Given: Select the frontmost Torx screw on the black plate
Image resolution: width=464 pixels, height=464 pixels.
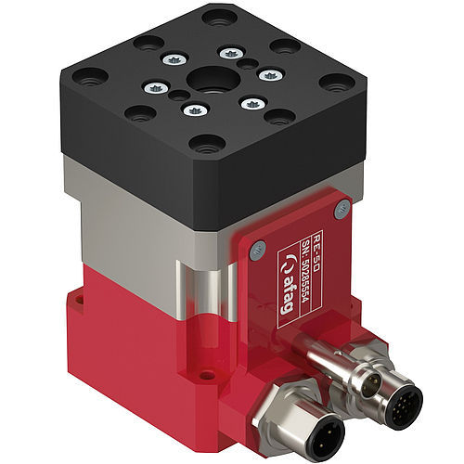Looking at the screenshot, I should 192,111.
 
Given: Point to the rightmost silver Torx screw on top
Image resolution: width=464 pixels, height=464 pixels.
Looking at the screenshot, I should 267,75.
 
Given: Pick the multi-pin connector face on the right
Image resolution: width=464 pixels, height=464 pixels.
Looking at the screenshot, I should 401,400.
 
